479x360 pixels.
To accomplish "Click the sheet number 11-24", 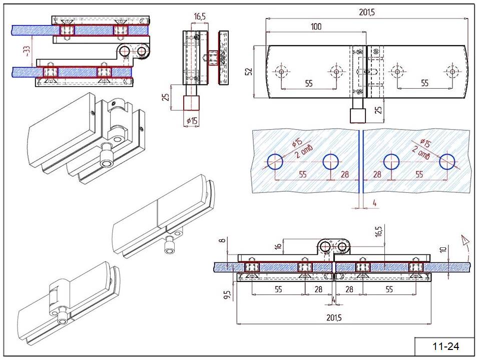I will coord(445,346).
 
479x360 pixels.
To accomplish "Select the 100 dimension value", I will coord(316,27).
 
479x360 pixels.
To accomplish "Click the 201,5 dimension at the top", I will coord(366,12).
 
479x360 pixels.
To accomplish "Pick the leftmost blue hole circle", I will coord(275,162).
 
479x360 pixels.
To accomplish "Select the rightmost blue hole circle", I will coord(447,162).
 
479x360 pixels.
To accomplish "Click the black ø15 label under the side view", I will coord(192,121).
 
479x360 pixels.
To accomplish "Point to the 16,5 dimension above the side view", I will coord(200,17).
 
